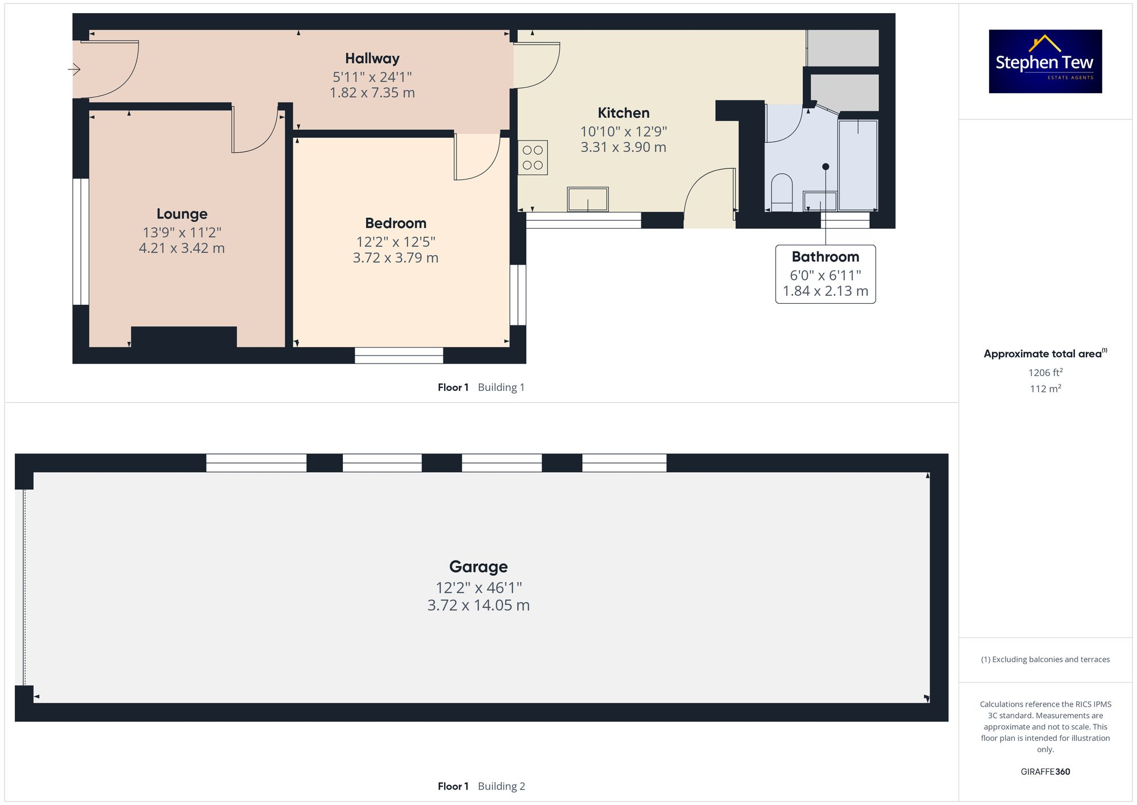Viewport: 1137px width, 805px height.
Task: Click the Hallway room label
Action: tap(372, 59)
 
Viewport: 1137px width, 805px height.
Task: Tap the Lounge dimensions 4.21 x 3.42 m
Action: tap(182, 249)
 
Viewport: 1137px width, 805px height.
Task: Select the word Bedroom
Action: tap(396, 223)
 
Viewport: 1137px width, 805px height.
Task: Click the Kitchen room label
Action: tap(623, 113)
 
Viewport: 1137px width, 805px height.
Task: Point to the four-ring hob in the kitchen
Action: tap(533, 158)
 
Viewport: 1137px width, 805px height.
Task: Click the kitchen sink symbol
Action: tap(588, 200)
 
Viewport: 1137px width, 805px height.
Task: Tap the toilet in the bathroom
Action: tap(782, 192)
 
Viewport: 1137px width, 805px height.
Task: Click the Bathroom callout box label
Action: tap(825, 257)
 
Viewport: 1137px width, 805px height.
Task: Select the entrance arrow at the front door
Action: tap(74, 69)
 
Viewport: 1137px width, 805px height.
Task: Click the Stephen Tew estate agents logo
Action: tap(1045, 61)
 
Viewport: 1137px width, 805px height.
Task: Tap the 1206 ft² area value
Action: tap(1045, 373)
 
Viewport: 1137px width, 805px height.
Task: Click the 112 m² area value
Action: tap(1045, 389)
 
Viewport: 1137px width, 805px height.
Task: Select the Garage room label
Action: tap(478, 567)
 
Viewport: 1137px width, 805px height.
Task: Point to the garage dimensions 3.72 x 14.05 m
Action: tap(478, 605)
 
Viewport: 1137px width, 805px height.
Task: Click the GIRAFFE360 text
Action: tap(1045, 772)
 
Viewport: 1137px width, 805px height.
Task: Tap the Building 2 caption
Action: tap(501, 786)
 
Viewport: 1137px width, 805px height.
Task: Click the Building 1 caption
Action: tap(501, 387)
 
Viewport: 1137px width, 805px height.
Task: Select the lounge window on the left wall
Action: tap(81, 242)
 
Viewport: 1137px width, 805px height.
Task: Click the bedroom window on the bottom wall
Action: tap(399, 356)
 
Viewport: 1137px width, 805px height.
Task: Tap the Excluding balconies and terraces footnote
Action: tap(1045, 659)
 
